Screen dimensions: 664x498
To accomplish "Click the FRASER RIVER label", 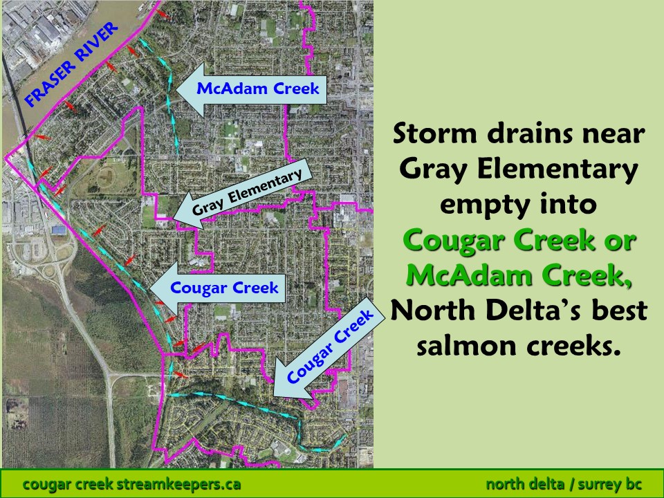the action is [71, 64].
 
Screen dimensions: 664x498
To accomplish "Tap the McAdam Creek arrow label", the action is [252, 90].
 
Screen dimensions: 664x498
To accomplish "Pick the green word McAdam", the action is [470, 275].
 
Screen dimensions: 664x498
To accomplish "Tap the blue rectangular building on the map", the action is [59, 230].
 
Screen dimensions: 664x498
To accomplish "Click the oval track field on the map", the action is [110, 175].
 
